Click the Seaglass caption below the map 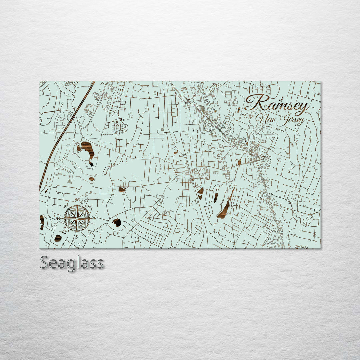(72, 263)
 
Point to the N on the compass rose (77, 200)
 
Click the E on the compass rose (94, 219)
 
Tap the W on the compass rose (59, 219)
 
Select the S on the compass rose (77, 237)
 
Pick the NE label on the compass (89, 207)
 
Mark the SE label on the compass (89, 231)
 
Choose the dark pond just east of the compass (117, 222)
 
